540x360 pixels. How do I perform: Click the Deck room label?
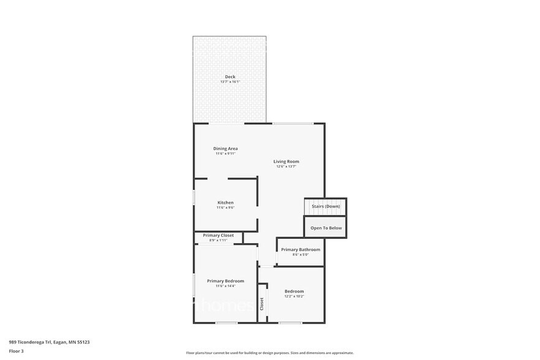click(x=230, y=77)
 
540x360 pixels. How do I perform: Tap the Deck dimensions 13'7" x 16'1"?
click(x=230, y=82)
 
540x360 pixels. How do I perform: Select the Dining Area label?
click(x=225, y=148)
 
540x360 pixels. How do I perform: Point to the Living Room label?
click(x=286, y=161)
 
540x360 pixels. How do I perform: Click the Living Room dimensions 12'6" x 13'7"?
click(x=286, y=167)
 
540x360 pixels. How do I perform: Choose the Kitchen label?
click(x=225, y=203)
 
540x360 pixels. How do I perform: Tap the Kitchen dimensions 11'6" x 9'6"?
click(x=225, y=208)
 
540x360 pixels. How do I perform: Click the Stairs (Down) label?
click(x=326, y=206)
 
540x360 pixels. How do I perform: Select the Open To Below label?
click(x=326, y=228)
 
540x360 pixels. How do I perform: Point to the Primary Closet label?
click(x=219, y=235)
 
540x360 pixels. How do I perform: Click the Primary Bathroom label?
click(x=301, y=249)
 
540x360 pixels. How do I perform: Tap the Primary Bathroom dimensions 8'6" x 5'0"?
click(x=301, y=255)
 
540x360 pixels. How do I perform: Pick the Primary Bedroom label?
click(x=225, y=280)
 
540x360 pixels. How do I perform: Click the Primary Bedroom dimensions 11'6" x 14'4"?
click(x=225, y=286)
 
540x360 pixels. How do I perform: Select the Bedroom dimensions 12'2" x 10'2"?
click(x=294, y=296)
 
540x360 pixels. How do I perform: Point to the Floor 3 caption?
click(x=16, y=351)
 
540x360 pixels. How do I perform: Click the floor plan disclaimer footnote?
click(x=269, y=353)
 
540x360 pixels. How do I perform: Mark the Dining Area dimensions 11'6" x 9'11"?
click(x=225, y=154)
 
